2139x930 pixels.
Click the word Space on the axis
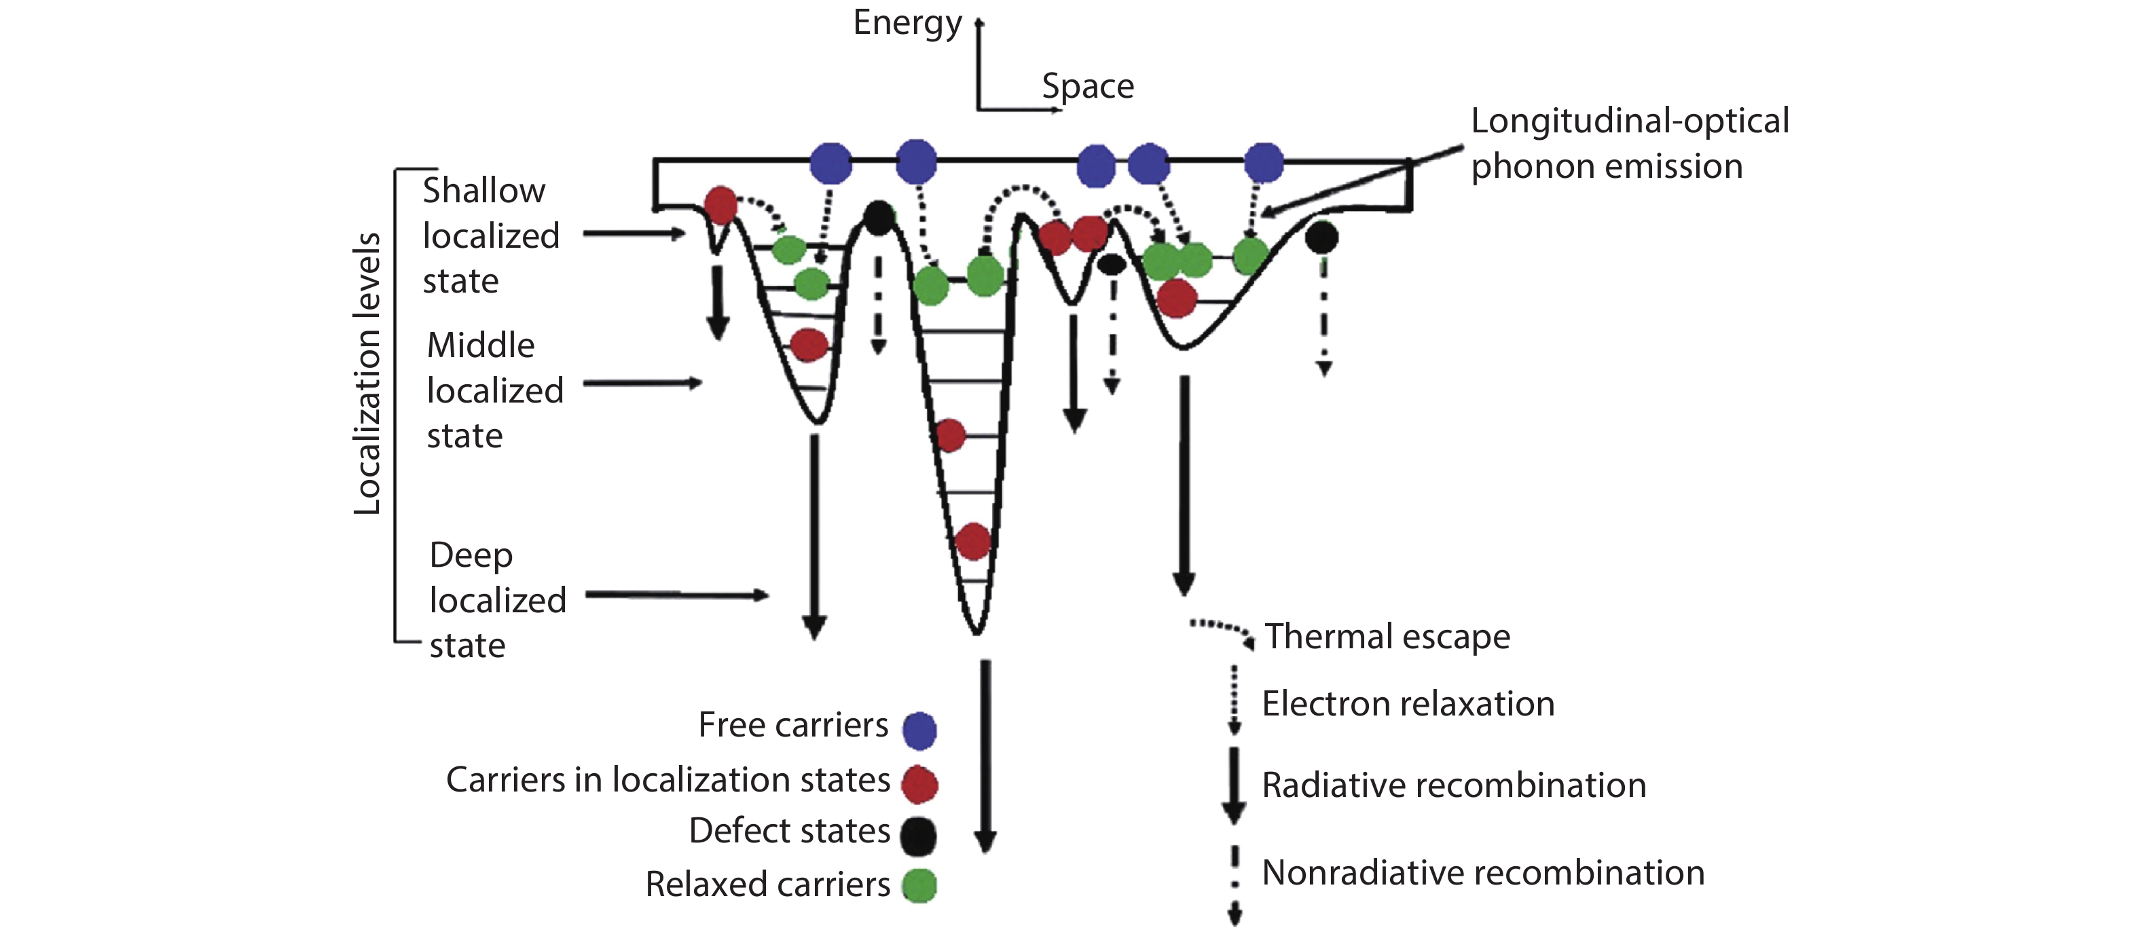coord(1087,86)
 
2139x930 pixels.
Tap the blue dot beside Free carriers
coord(919,730)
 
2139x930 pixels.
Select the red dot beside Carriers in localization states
coord(920,784)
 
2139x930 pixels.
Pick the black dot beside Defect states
coord(918,836)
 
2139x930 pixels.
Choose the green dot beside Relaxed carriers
coord(919,885)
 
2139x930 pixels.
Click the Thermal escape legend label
coord(1387,637)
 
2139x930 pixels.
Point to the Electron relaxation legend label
coord(1408,704)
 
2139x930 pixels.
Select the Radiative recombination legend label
coord(1453,785)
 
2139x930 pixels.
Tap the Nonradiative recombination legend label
coord(1483,873)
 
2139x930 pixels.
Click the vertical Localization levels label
coord(367,373)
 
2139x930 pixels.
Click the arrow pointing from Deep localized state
coord(677,595)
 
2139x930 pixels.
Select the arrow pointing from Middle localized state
coord(644,383)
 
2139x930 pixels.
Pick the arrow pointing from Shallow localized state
coord(634,234)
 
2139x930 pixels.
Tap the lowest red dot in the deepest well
coord(972,542)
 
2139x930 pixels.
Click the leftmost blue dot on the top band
coord(830,163)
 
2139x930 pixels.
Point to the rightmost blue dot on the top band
coord(1264,162)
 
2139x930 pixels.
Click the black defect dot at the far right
coord(1322,238)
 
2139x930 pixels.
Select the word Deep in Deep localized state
coord(471,555)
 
